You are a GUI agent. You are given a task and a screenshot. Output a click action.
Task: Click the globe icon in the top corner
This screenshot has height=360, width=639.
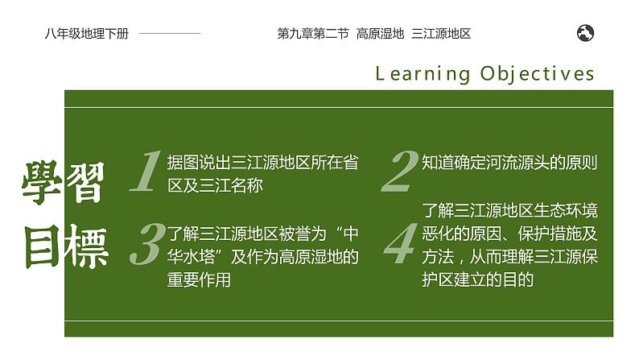coord(586,33)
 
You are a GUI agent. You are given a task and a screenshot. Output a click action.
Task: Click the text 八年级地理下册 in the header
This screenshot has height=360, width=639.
coord(87,34)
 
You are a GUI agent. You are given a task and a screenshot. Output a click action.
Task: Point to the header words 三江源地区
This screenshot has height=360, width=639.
coord(440,34)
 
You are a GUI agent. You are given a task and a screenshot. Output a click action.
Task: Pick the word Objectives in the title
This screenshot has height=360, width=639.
coord(538,74)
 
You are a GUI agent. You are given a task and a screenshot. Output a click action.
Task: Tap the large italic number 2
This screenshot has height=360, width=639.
coord(400,172)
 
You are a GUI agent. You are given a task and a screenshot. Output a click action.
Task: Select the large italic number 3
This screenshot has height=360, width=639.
coord(146,245)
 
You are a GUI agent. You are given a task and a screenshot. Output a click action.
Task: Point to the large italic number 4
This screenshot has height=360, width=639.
coord(400,246)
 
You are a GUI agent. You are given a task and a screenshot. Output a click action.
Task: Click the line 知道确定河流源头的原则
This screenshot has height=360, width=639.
coord(509,163)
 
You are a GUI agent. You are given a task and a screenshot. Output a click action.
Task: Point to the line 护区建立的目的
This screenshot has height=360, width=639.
coord(478,279)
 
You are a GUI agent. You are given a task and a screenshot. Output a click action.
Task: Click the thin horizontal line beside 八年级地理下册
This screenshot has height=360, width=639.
coord(171,34)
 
